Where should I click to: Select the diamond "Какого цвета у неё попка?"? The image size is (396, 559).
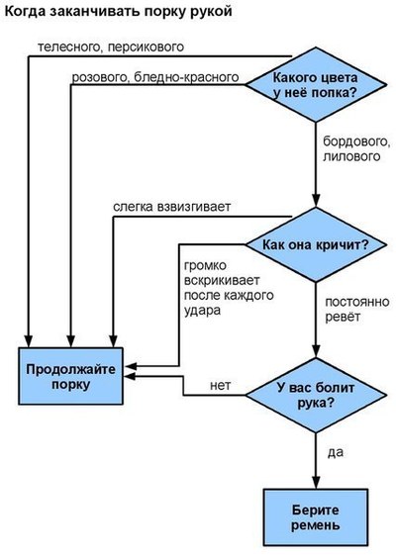pyautogui.click(x=316, y=85)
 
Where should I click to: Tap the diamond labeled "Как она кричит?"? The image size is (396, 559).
pyautogui.click(x=316, y=245)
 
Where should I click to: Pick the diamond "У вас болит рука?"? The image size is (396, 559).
pyautogui.click(x=316, y=395)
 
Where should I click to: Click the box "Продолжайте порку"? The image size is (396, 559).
pyautogui.click(x=70, y=376)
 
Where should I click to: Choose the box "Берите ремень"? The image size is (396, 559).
pyautogui.click(x=316, y=516)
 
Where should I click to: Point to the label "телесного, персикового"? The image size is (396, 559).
pyautogui.click(x=111, y=47)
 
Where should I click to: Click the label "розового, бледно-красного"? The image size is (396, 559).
pyautogui.click(x=155, y=77)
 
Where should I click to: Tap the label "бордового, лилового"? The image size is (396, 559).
pyautogui.click(x=356, y=149)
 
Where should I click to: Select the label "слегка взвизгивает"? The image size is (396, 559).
pyautogui.click(x=172, y=207)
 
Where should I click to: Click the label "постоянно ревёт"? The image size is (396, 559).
pyautogui.click(x=357, y=309)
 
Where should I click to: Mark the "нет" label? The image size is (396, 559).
pyautogui.click(x=220, y=386)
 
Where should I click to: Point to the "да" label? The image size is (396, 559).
pyautogui.click(x=336, y=453)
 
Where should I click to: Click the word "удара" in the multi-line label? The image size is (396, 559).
pyautogui.click(x=202, y=311)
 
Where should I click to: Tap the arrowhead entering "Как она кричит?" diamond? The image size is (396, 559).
pyautogui.click(x=316, y=201)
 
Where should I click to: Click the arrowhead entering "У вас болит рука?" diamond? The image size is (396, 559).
pyautogui.click(x=316, y=351)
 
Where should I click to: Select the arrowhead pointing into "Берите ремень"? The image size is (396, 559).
pyautogui.click(x=316, y=482)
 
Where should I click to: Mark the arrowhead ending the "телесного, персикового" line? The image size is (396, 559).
pyautogui.click(x=28, y=341)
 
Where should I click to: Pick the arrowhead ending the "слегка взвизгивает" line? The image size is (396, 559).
pyautogui.click(x=114, y=341)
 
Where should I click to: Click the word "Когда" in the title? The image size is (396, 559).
pyautogui.click(x=25, y=11)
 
